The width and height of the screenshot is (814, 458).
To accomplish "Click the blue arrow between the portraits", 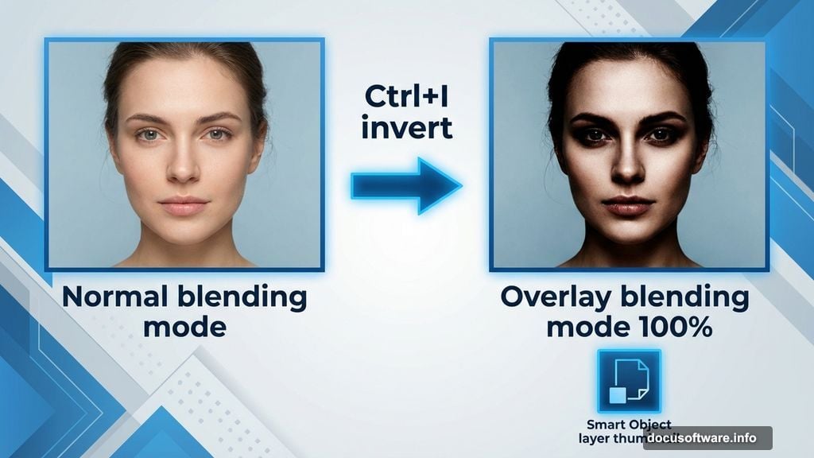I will point(405,185).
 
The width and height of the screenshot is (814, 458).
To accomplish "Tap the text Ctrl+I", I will point(408,97).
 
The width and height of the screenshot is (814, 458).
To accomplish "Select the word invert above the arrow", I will point(406,127).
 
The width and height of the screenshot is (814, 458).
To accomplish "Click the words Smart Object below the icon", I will point(629,425).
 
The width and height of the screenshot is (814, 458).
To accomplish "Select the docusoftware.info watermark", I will point(707,438).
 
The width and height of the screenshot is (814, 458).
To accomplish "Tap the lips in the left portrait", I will point(184,206).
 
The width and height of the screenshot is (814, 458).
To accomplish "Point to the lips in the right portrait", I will point(628,206).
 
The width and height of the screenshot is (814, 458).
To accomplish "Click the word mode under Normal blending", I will point(184,326).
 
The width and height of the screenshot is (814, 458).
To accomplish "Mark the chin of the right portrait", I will point(628,239).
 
